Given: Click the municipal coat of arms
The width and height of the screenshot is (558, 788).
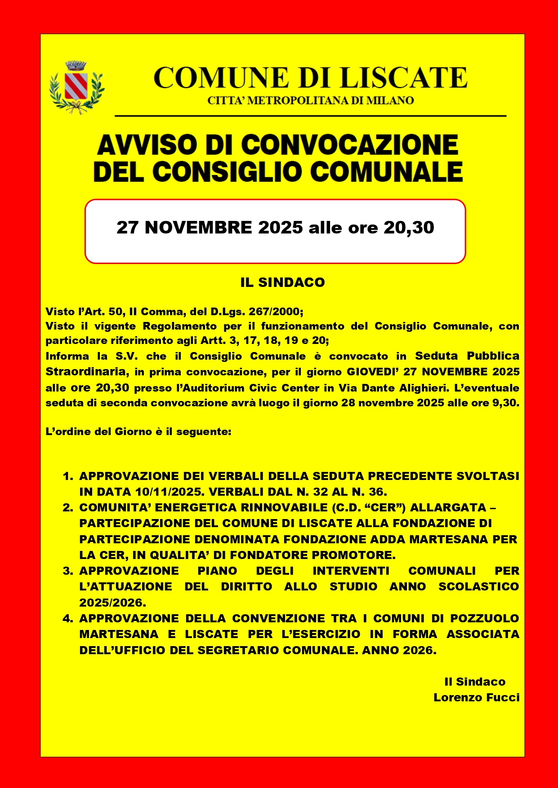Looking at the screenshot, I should [76, 88].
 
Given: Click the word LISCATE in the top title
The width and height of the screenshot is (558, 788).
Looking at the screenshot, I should [403, 78].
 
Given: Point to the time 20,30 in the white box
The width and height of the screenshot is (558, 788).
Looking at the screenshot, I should [409, 228].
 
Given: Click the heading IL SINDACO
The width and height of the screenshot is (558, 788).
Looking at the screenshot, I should [282, 282].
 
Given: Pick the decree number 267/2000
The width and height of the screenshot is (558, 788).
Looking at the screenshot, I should [276, 312].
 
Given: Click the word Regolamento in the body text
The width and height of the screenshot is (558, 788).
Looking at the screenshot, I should [179, 326].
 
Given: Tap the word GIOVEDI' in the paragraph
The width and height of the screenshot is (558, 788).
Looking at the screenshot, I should [372, 372].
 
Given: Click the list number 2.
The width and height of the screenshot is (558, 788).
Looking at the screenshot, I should [68, 508].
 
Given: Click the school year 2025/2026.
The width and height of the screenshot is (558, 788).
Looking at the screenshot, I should [112, 603].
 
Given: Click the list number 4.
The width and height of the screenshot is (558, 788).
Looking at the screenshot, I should [68, 619].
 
